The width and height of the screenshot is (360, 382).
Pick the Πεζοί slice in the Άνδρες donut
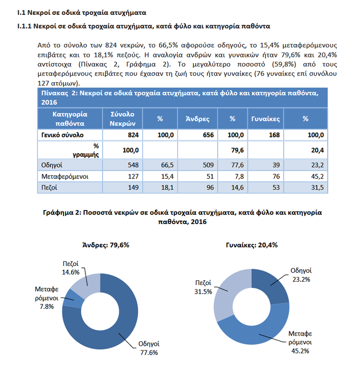(86, 286)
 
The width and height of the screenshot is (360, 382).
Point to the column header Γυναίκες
(265, 119)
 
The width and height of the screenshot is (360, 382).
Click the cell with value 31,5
(317, 187)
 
